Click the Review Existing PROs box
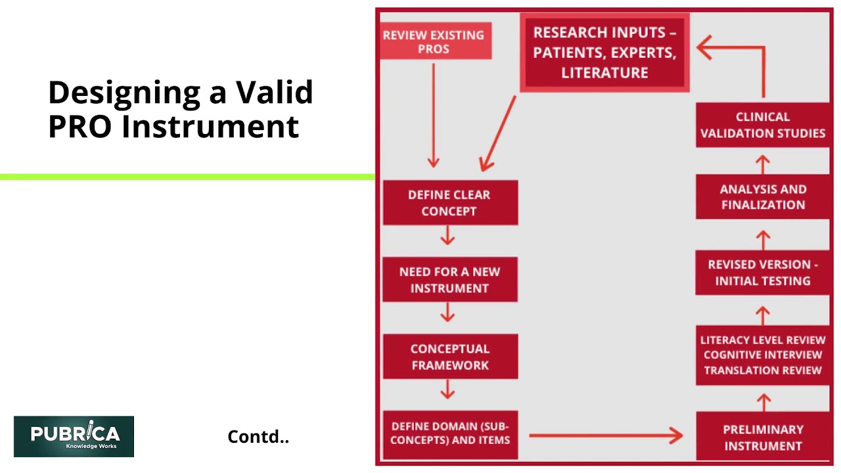click(x=436, y=41)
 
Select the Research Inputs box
click(x=605, y=53)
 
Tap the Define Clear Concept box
click(x=451, y=203)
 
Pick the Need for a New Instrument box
click(x=450, y=280)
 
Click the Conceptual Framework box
click(x=451, y=357)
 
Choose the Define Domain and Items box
click(x=451, y=435)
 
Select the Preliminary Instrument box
click(x=763, y=436)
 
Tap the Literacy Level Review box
click(x=763, y=355)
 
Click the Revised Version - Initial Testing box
click(x=763, y=273)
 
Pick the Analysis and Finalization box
click(x=763, y=196)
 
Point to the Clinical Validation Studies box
click(x=763, y=125)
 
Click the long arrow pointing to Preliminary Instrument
click(x=606, y=436)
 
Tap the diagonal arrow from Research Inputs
click(x=498, y=133)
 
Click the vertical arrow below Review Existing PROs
click(x=434, y=116)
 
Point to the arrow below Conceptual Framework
click(x=447, y=390)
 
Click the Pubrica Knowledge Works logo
click(x=74, y=437)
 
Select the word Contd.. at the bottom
click(x=258, y=437)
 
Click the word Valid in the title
click(x=275, y=92)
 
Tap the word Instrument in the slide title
click(x=210, y=127)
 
